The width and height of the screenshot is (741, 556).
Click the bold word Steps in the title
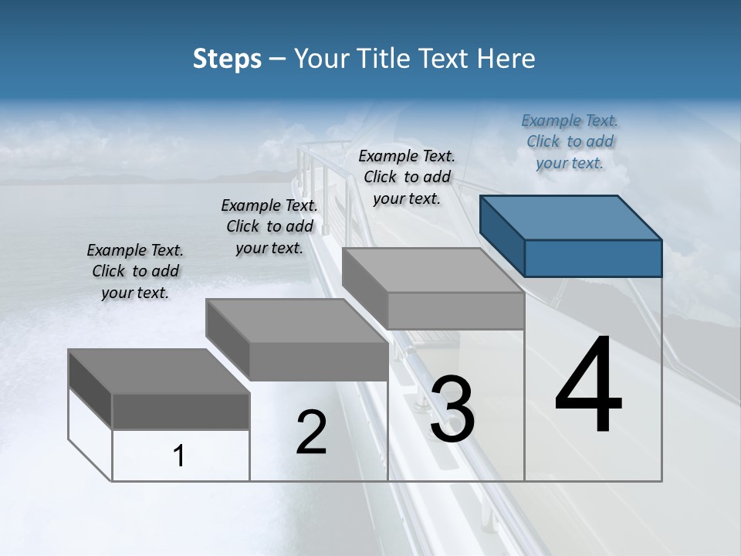(x=227, y=59)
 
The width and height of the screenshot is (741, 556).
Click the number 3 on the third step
(x=452, y=409)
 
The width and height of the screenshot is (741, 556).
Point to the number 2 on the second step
(x=311, y=432)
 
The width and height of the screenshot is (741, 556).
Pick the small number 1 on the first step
(x=179, y=456)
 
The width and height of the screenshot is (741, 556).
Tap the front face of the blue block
(x=593, y=258)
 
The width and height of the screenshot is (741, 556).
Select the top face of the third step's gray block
(x=432, y=270)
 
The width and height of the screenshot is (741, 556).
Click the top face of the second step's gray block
(x=296, y=320)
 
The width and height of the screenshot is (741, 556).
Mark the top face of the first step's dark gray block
(x=159, y=371)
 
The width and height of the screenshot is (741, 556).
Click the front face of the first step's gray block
(x=181, y=411)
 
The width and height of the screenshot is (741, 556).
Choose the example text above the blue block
(x=570, y=141)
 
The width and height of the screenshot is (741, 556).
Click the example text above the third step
(x=407, y=177)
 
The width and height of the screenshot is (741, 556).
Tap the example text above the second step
(x=269, y=226)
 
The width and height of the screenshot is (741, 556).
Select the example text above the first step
(x=135, y=271)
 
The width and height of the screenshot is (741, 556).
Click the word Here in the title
(x=506, y=59)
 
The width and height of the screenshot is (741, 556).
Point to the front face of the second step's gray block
(x=318, y=361)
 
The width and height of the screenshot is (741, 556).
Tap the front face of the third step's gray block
(x=455, y=310)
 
